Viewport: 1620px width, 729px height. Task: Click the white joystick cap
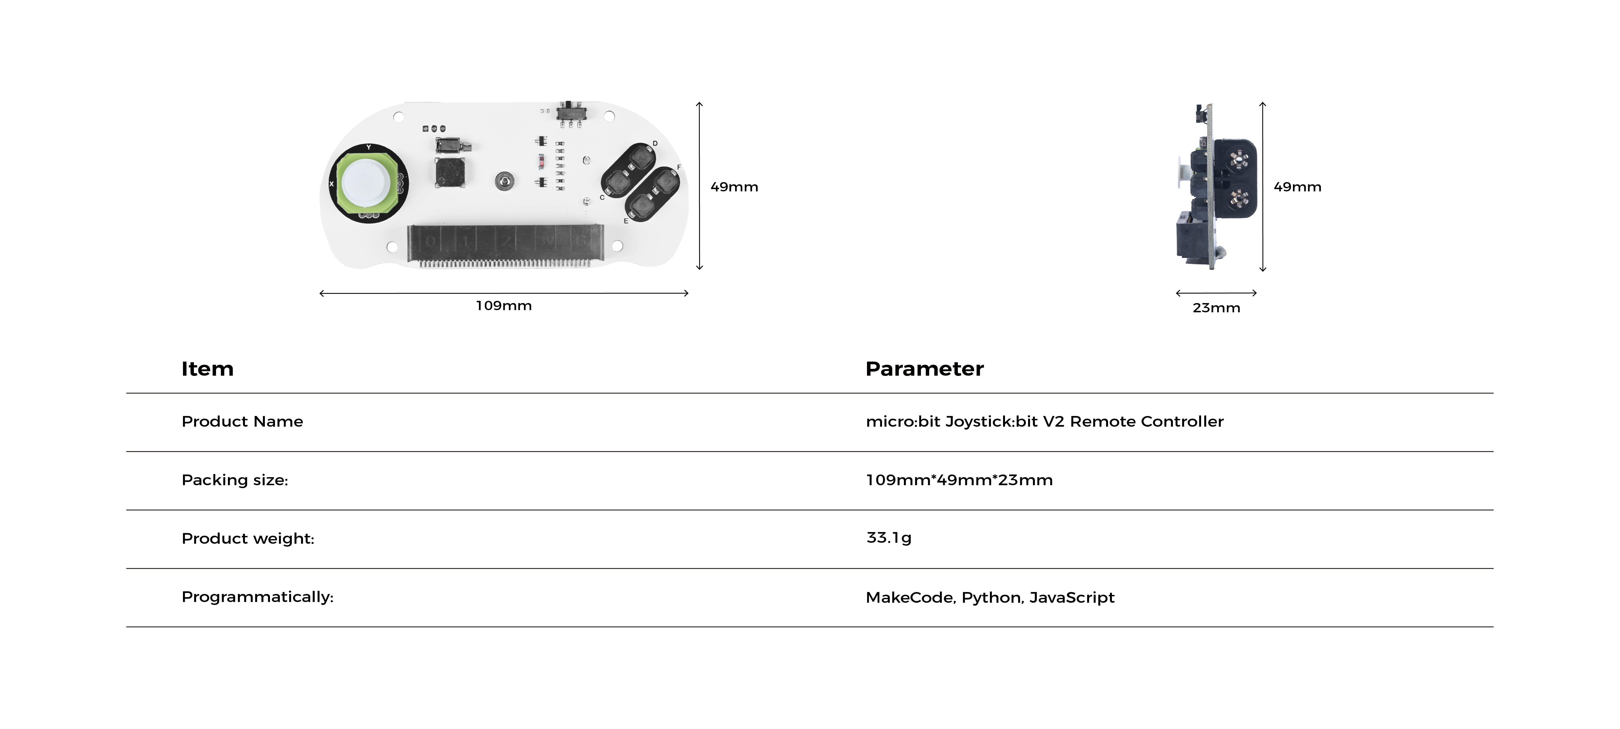tap(367, 182)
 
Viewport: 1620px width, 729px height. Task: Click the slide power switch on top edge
tap(572, 112)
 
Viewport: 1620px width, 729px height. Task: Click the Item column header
tap(208, 369)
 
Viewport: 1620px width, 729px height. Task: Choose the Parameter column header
tap(925, 369)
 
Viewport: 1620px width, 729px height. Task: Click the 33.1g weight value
tap(889, 538)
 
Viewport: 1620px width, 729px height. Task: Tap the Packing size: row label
tap(234, 480)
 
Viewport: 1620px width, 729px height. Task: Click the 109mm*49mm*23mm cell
tap(959, 480)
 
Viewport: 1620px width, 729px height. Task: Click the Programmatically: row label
tap(257, 597)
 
